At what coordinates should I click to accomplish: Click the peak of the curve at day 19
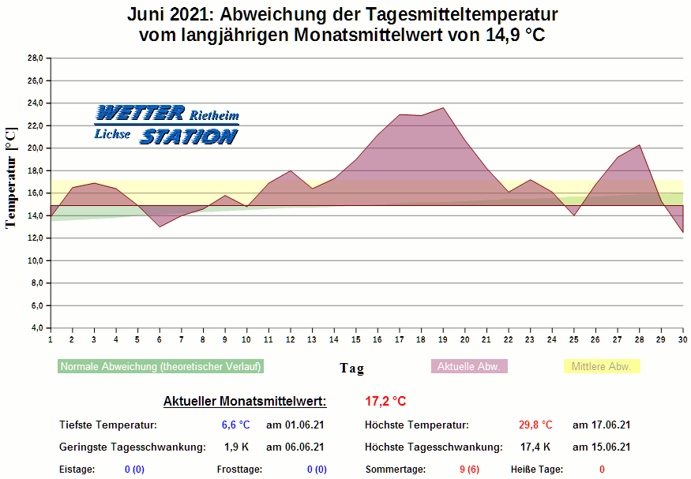click(443, 108)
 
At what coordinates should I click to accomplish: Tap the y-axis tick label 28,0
click(36, 58)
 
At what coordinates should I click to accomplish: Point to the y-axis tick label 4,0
click(37, 327)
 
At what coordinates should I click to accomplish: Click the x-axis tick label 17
click(400, 339)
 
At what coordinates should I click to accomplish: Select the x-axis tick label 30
click(682, 339)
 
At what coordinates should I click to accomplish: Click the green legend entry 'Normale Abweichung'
click(160, 366)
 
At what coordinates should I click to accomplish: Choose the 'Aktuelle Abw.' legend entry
click(469, 366)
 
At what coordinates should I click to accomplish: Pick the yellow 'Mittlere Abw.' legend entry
click(601, 366)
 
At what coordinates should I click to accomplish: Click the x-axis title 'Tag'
click(351, 368)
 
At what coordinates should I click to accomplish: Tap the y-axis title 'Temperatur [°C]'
click(10, 178)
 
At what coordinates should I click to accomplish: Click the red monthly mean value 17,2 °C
click(385, 401)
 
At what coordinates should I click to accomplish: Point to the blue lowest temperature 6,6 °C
click(235, 425)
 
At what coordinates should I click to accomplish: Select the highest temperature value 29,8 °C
click(535, 425)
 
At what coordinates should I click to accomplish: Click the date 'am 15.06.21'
click(601, 447)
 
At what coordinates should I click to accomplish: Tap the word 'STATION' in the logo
click(188, 137)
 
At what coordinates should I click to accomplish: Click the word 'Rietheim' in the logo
click(214, 116)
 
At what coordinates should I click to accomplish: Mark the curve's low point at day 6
click(160, 227)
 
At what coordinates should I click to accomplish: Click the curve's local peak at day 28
click(639, 145)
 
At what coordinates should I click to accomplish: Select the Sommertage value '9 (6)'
click(469, 470)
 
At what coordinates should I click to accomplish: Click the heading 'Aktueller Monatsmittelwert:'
click(245, 401)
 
